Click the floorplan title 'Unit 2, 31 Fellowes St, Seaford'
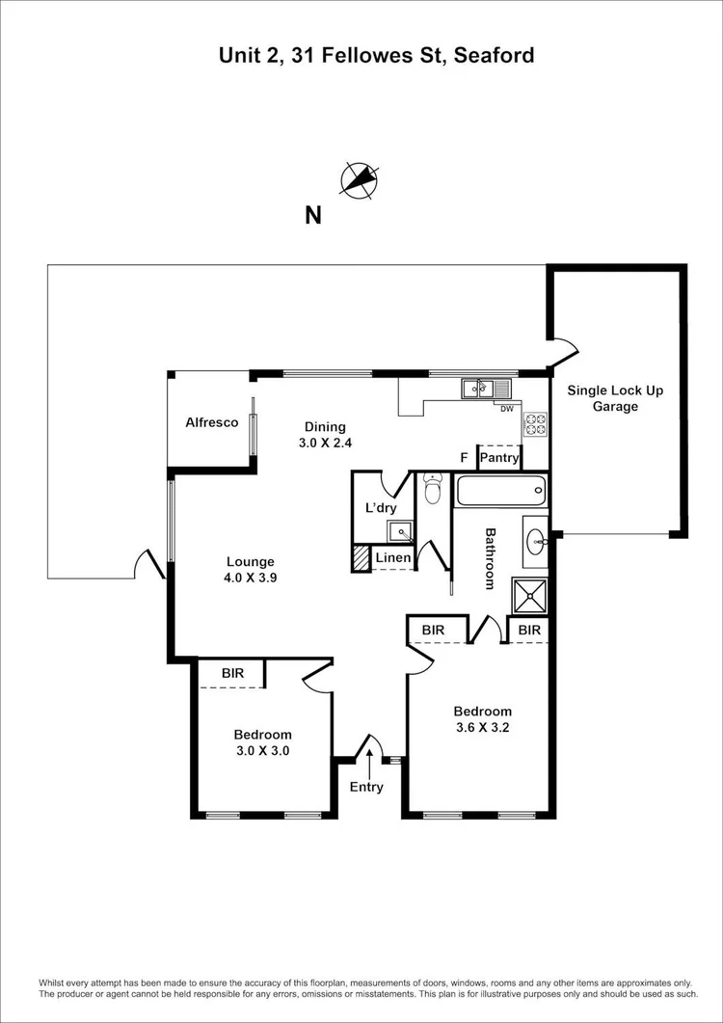pyautogui.click(x=376, y=55)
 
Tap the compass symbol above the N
pyautogui.click(x=360, y=179)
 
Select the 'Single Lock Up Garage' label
pyautogui.click(x=615, y=398)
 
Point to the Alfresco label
pyautogui.click(x=211, y=422)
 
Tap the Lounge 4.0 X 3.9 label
pyautogui.click(x=251, y=570)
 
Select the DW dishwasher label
pyautogui.click(x=506, y=409)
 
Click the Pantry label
pyautogui.click(x=499, y=458)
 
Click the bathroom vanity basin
pyautogui.click(x=535, y=541)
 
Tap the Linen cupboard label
pyautogui.click(x=393, y=558)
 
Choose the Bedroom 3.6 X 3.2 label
pyautogui.click(x=482, y=720)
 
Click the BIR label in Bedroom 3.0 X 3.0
pyautogui.click(x=232, y=673)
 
